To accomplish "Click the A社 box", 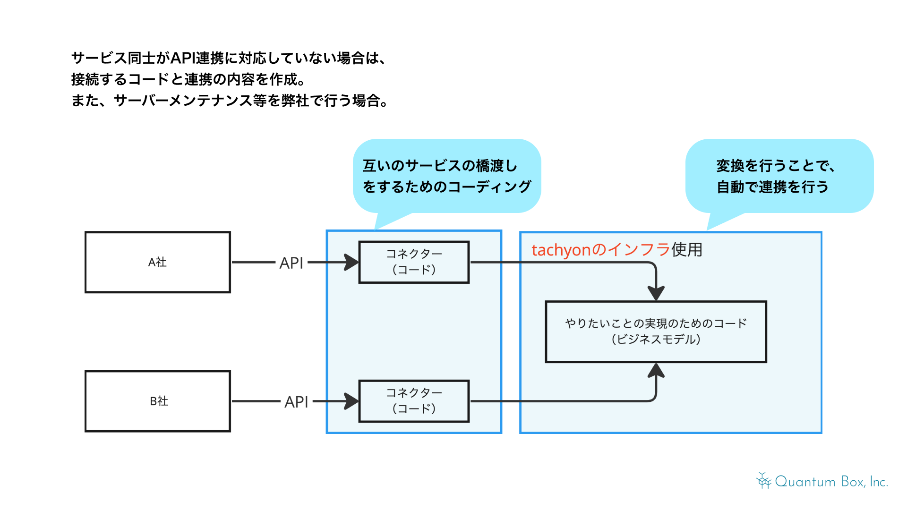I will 157,262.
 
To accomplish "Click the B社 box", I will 157,401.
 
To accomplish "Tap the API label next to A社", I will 291,263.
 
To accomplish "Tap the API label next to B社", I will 296,402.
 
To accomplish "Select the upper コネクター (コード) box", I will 414,262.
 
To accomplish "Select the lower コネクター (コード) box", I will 414,401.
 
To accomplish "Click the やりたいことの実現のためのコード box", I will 656,331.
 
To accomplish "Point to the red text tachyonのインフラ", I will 600,249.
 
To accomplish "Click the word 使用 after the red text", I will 687,249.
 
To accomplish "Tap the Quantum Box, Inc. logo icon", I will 763,481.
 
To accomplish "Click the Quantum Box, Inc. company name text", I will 831,482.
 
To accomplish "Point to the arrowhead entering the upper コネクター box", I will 351,262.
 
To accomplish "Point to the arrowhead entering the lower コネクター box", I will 351,401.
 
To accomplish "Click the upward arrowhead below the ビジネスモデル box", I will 656,371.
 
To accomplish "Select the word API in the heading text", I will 183,58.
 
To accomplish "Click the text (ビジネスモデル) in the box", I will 656,339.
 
